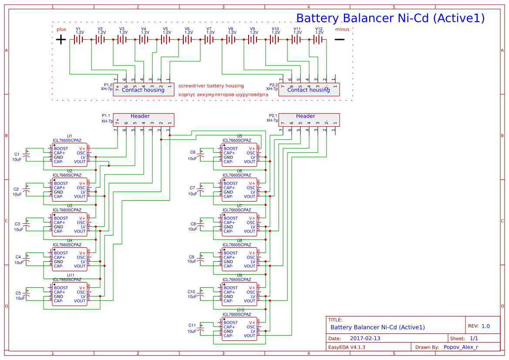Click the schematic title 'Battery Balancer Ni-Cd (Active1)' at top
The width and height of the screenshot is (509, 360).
[390, 18]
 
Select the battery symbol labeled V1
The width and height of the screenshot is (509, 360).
[78, 40]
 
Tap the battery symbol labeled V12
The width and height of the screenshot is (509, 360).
[319, 40]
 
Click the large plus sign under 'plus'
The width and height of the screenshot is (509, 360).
[61, 40]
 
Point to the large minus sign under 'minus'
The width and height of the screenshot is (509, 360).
[339, 40]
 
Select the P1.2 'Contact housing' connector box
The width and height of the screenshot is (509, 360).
[143, 90]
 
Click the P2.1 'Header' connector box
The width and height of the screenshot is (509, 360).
[309, 120]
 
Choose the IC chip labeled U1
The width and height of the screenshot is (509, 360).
[70, 155]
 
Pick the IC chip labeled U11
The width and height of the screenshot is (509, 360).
[70, 294]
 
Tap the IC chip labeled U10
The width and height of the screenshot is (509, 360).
[239, 329]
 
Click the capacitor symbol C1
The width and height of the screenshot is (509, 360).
[27, 155]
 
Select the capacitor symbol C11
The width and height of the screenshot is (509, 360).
[201, 329]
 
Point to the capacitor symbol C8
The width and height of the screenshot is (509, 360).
[201, 224]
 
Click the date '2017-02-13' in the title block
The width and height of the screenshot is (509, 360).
[365, 339]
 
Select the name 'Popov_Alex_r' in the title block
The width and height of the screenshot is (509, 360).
[461, 347]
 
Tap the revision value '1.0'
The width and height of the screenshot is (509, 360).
[485, 326]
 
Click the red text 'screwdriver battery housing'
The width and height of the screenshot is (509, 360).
[211, 86]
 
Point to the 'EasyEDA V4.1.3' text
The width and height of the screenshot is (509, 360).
[347, 347]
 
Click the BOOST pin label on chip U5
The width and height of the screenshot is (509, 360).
[231, 149]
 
